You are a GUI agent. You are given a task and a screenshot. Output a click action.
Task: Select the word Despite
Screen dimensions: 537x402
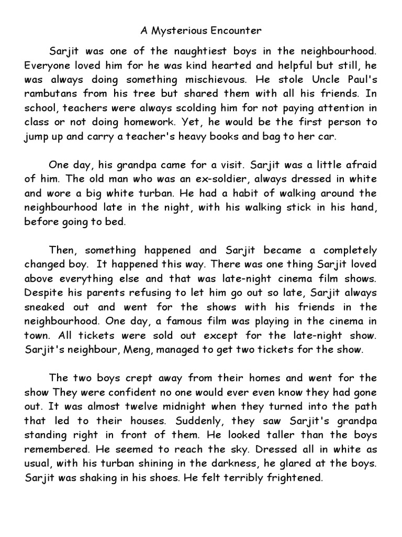(x=43, y=292)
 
